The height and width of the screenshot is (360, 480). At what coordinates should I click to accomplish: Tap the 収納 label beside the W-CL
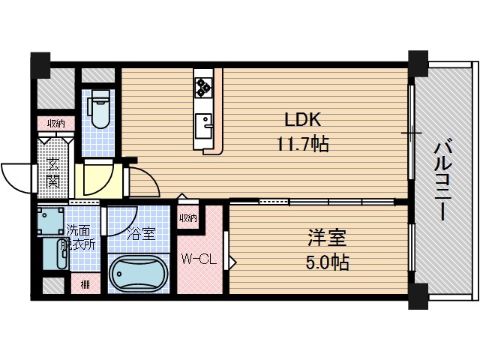coord(187,218)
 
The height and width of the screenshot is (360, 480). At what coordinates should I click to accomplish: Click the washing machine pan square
coord(52,222)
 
